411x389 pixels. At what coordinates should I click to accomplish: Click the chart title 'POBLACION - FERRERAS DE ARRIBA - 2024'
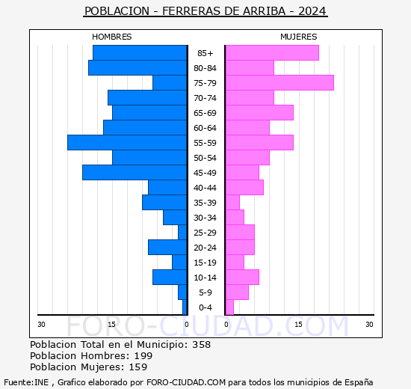[205, 11]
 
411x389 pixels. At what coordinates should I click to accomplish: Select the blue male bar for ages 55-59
[127, 142]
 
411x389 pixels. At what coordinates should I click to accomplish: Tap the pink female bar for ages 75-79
[279, 82]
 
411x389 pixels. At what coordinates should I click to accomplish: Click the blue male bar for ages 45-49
[135, 172]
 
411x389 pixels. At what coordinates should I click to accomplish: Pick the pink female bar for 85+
[272, 52]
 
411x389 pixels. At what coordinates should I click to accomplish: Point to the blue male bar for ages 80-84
[137, 67]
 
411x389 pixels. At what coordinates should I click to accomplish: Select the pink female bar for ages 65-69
[259, 112]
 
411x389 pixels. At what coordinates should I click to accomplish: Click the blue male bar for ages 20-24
[167, 247]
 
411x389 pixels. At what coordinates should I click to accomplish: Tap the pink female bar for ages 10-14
[242, 277]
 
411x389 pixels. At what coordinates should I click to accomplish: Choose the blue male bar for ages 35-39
[164, 202]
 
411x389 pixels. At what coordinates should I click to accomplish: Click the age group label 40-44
[205, 188]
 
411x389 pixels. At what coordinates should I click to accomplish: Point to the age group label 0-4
[205, 307]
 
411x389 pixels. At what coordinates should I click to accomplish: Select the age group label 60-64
[205, 128]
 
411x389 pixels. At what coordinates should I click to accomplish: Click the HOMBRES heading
[111, 37]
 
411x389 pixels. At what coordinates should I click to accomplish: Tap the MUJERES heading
[298, 37]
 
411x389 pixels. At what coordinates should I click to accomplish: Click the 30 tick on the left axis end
[42, 324]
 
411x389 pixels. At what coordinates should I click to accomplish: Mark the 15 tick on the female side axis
[298, 324]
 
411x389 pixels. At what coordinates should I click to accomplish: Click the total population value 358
[201, 345]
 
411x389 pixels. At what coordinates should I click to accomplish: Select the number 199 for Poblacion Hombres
[143, 356]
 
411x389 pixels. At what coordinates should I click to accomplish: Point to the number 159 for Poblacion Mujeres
[137, 367]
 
